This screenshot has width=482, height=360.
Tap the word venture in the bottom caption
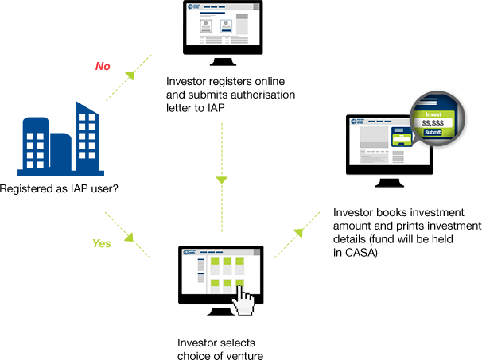coord(242,354)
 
